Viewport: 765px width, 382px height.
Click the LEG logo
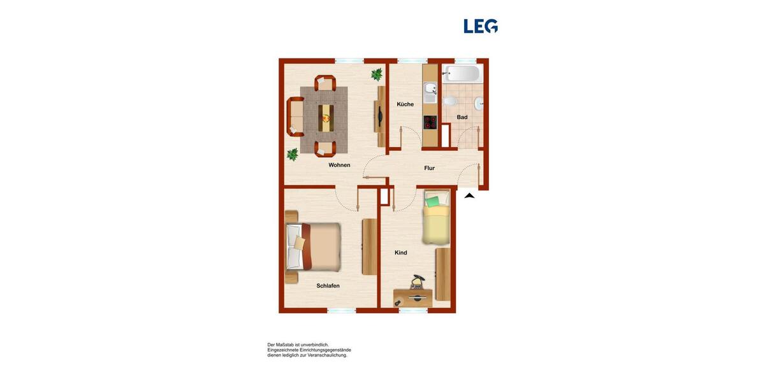point(480,26)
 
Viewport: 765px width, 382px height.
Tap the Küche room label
point(405,104)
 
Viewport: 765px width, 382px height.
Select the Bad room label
point(462,117)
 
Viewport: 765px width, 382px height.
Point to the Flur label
point(430,168)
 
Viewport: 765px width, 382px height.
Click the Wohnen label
point(339,166)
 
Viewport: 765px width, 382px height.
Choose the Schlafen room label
point(328,286)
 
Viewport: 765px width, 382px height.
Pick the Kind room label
point(400,253)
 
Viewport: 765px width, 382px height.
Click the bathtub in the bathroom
point(462,73)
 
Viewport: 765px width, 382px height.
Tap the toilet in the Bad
point(449,101)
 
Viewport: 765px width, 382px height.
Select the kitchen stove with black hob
point(430,122)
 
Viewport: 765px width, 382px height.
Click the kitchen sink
point(430,89)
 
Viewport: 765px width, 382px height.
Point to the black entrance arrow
point(469,196)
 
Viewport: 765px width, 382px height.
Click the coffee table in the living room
point(326,117)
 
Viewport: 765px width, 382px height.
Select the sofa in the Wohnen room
point(295,117)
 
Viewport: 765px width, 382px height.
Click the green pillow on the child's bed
point(433,202)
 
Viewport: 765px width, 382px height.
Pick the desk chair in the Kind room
point(418,281)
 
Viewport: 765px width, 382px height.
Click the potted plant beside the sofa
point(293,154)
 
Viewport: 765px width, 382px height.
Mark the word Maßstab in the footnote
point(293,344)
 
